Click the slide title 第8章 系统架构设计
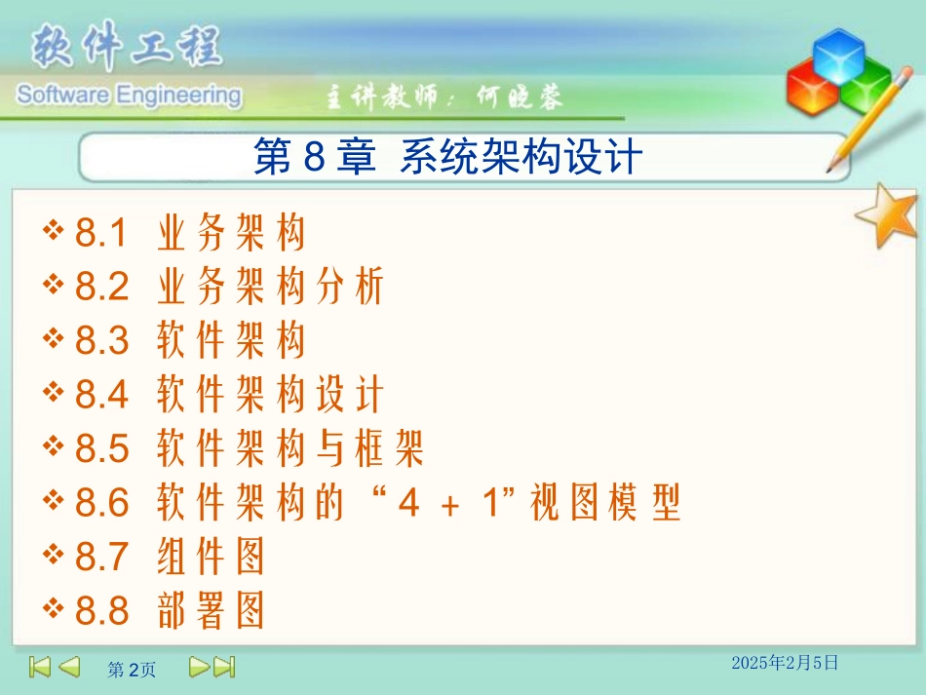447,158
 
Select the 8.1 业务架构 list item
191,234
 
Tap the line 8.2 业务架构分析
230,288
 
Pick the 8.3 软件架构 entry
191,341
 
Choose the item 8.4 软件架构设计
230,396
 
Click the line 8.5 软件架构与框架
250,449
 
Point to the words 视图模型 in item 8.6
604,504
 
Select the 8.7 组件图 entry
171,558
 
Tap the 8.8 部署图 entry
171,612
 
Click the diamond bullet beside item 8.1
53,232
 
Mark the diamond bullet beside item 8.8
53,610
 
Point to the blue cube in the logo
837,54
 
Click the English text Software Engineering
127,96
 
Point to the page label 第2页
131,670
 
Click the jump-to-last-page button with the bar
224,667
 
